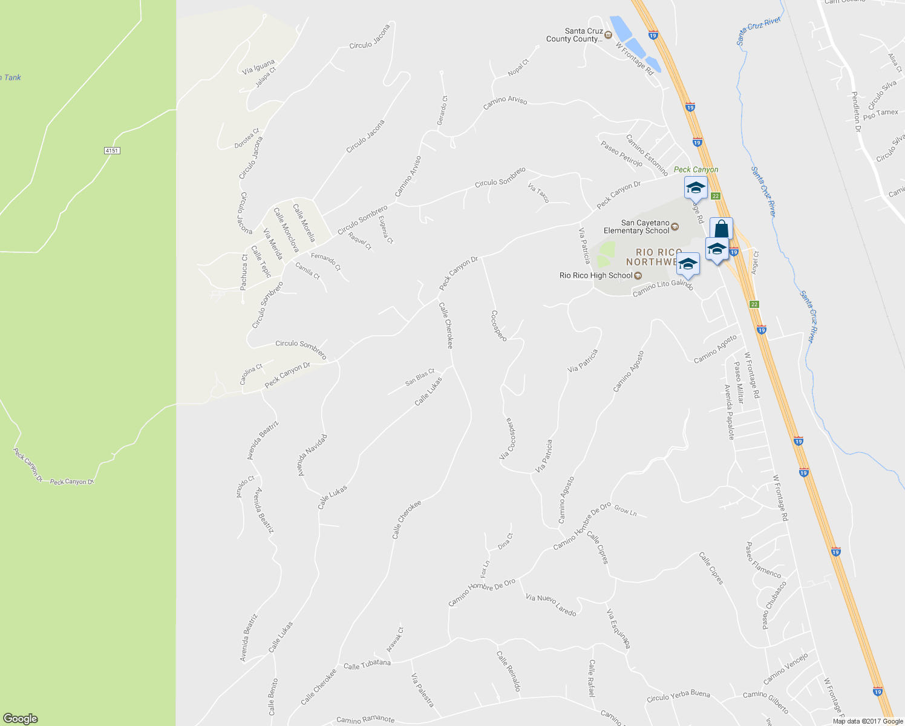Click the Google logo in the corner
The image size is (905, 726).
(21, 719)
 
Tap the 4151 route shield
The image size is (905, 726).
(111, 150)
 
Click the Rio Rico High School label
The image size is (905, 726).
(596, 276)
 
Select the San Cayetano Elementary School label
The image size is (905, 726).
(636, 227)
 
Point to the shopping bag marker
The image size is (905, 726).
(721, 229)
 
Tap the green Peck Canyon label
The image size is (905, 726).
(696, 169)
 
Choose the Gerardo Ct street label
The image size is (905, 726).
(443, 110)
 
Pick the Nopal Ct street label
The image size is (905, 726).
(518, 67)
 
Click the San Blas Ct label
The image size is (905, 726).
(420, 378)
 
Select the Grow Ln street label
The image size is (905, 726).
(626, 511)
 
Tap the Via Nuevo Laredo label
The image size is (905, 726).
(551, 605)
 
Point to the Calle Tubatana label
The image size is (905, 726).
(367, 665)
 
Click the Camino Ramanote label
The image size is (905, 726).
(365, 720)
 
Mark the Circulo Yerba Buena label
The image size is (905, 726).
(678, 696)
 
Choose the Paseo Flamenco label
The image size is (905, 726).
(763, 560)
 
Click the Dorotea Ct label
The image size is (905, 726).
(247, 138)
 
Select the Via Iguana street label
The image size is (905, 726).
(258, 67)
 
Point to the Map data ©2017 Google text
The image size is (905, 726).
(867, 721)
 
